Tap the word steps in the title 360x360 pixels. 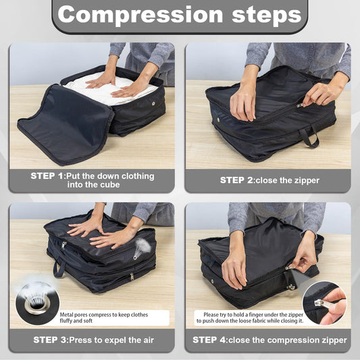[x=260, y=14]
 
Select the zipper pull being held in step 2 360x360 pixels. [x=301, y=105]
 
